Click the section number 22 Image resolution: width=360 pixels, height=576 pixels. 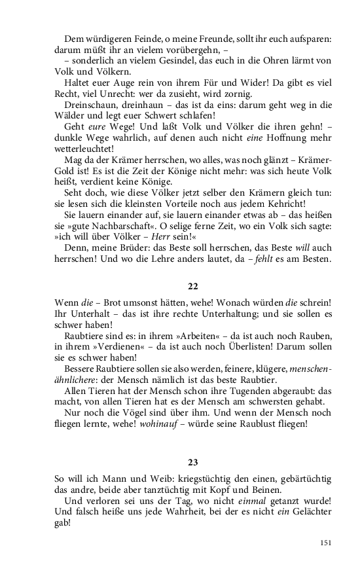[x=193, y=286]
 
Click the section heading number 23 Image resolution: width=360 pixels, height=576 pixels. [x=193, y=461]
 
